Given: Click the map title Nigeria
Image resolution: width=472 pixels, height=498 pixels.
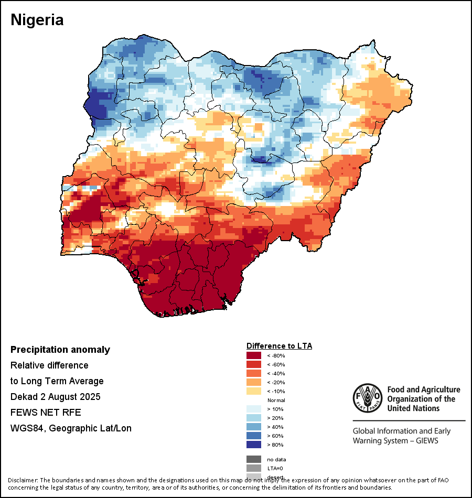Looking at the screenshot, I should click(37, 20).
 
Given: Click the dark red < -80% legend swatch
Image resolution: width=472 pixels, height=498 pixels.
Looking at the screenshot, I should click(254, 355).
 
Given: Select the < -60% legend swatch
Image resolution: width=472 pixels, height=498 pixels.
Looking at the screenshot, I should click(254, 364).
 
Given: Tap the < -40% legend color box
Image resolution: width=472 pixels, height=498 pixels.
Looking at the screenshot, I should click(254, 373).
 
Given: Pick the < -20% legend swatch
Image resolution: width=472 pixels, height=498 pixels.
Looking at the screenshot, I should click(254, 382).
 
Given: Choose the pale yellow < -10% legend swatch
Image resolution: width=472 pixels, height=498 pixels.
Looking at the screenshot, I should click(254, 391).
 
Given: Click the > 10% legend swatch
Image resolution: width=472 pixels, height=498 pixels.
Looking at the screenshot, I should click(254, 409).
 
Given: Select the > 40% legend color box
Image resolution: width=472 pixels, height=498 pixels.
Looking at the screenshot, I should click(254, 427).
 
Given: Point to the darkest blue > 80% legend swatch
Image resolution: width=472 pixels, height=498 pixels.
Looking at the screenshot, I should click(254, 445).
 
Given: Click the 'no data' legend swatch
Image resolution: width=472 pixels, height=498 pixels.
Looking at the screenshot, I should click(254, 459).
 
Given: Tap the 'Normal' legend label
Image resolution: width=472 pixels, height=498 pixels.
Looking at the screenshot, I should click(276, 400).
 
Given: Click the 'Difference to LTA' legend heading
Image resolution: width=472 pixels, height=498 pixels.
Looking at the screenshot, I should click(279, 346).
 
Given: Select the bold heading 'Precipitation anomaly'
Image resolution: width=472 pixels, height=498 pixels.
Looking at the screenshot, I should click(60, 350).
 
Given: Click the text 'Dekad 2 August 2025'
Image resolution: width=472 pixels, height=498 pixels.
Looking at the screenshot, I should click(56, 396).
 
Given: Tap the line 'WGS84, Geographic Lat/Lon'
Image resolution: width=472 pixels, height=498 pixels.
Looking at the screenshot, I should click(71, 428).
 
